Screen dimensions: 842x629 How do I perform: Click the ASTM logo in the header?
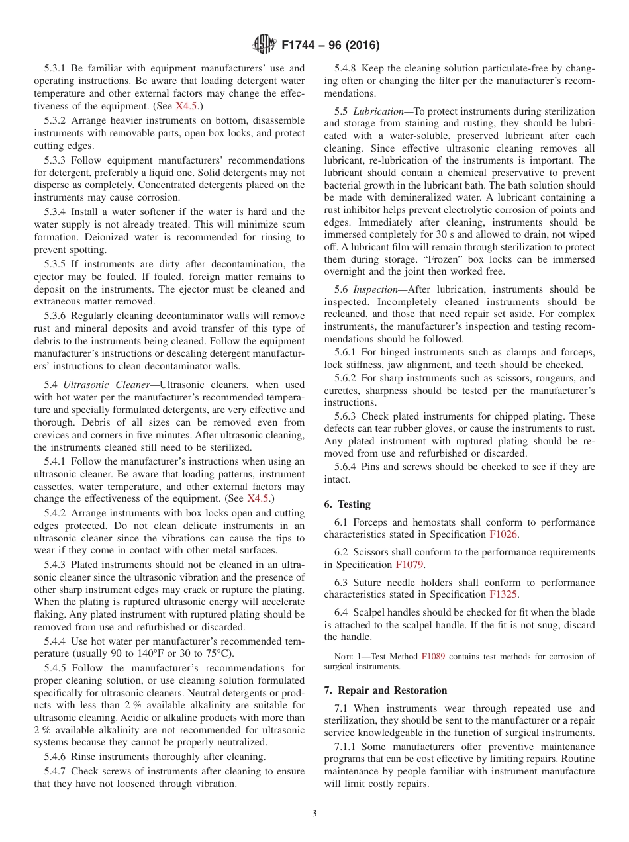[x=264, y=45]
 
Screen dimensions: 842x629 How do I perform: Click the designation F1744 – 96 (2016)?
[x=330, y=46]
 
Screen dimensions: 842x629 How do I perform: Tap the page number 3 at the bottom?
[x=314, y=814]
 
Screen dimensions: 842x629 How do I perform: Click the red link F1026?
[x=503, y=534]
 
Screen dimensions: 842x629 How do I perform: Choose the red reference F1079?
[x=409, y=565]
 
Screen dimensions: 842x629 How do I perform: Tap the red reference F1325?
[x=503, y=595]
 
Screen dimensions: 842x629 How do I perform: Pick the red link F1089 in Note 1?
[x=433, y=657]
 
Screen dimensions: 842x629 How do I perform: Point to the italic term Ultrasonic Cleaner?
[x=108, y=385]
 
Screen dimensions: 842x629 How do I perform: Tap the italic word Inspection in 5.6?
[x=375, y=290]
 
